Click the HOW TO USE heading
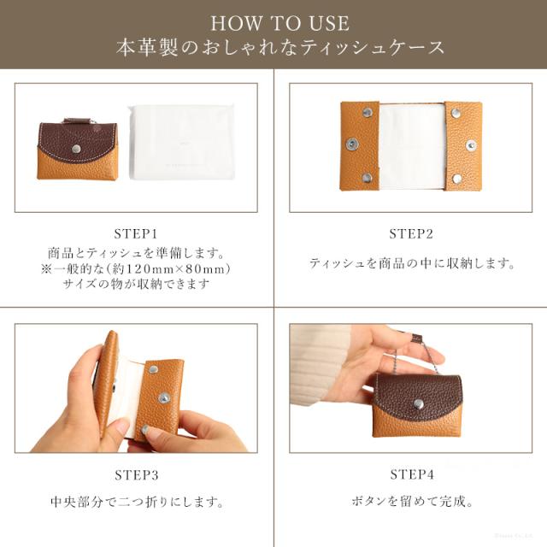279,23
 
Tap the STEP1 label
136,233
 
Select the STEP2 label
411,233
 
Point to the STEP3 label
137,475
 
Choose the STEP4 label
412,474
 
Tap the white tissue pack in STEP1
180,142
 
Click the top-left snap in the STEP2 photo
367,112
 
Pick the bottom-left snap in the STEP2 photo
367,179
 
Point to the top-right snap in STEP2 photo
456,112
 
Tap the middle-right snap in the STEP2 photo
471,144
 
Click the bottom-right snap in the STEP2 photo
456,179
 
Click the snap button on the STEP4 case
418,404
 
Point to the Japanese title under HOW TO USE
280,48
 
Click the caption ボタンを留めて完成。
412,502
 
